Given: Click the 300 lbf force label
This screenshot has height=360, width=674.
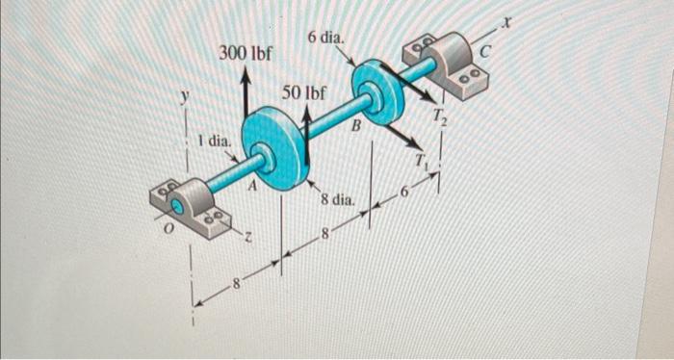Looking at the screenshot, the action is coord(243,52).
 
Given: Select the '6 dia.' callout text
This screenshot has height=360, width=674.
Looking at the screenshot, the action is coord(326,38).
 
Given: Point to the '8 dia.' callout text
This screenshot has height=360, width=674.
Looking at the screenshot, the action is coord(339,201).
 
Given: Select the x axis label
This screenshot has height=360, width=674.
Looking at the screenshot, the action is coord(528,19).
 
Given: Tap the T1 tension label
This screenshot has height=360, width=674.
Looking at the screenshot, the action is coord(421,160).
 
